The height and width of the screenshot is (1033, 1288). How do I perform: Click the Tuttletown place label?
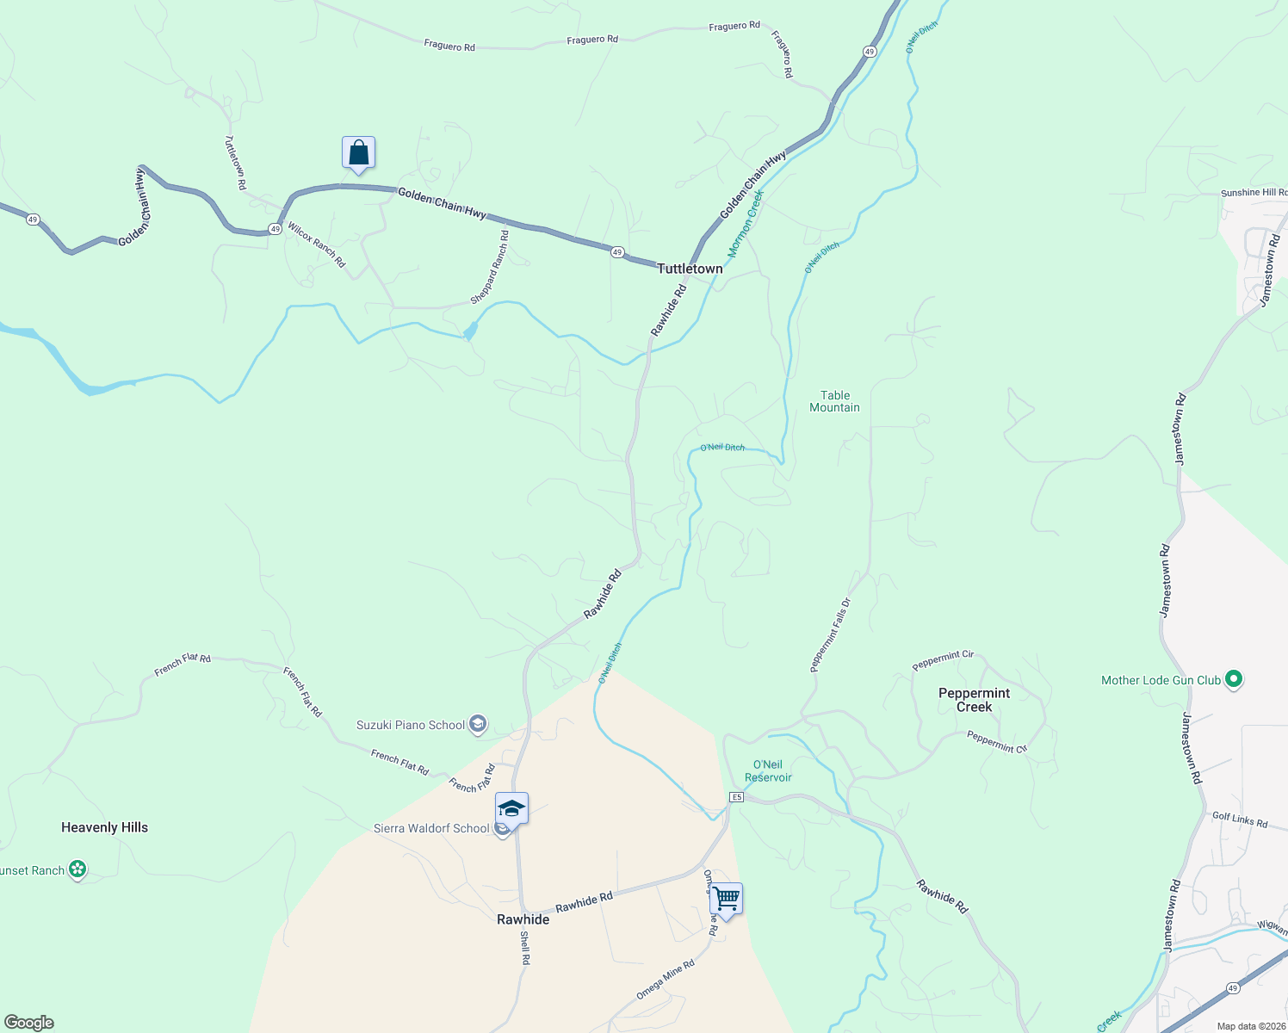tap(690, 269)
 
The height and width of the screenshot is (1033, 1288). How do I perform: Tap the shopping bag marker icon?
tap(358, 154)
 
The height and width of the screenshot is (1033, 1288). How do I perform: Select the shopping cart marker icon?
tap(727, 900)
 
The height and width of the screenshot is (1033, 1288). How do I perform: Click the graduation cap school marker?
tap(511, 809)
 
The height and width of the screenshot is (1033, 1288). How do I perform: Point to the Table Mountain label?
tap(834, 401)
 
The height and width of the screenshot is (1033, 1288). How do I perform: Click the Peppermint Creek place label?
tap(974, 700)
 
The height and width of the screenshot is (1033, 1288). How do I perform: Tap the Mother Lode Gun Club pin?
tap(1233, 680)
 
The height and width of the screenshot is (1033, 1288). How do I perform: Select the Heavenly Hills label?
tap(104, 827)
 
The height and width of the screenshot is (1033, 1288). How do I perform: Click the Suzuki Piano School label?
tap(411, 725)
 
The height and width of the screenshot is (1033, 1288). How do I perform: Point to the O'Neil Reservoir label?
tap(767, 770)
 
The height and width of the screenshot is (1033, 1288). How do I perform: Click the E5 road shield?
tap(736, 797)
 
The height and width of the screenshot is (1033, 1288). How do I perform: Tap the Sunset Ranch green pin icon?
tap(77, 869)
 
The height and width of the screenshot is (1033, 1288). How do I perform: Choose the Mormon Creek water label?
tap(746, 225)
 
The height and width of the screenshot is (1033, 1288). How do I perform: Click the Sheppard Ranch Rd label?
tap(489, 267)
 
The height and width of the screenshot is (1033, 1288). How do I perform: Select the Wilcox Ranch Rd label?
tap(316, 245)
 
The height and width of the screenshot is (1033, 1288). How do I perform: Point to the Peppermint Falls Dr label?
tap(830, 634)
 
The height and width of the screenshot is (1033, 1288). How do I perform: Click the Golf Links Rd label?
tap(1240, 820)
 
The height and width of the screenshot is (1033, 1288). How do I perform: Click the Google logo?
tap(28, 1023)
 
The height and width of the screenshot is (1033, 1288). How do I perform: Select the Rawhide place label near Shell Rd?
tap(523, 919)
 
